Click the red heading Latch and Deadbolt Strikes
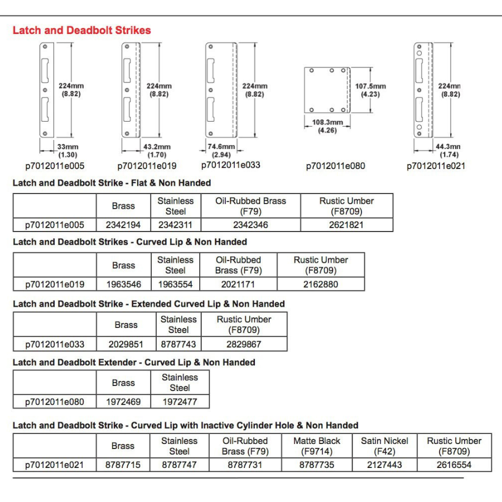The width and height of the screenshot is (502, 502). [81, 30]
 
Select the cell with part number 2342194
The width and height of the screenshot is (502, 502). [123, 225]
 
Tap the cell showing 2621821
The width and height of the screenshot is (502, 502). [346, 225]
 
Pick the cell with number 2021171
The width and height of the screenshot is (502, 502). [239, 284]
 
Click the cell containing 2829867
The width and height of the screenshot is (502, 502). [244, 344]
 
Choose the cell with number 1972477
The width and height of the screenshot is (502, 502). [180, 402]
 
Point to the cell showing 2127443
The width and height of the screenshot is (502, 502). [385, 464]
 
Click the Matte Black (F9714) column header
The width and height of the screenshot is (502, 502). [317, 446]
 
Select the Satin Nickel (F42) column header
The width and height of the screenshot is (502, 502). [385, 446]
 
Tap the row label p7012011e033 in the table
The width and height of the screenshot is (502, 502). [55, 344]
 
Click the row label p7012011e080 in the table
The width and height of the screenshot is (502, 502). [55, 402]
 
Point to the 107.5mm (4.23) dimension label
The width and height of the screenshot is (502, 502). [370, 90]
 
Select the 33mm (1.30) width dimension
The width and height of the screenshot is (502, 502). [68, 150]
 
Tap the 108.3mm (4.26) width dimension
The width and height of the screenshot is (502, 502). [327, 126]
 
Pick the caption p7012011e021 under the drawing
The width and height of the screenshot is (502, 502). [436, 166]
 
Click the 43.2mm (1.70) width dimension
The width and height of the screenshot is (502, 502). [157, 150]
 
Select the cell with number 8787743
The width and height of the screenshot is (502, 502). [178, 344]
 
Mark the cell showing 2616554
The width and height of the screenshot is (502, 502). [454, 464]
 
